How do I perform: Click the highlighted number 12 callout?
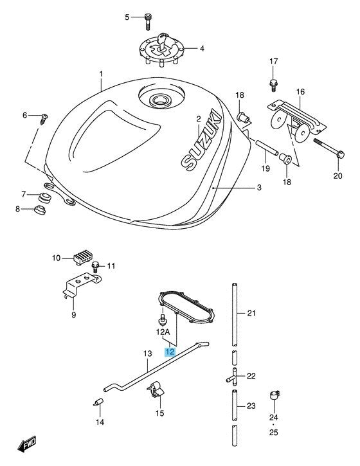click(x=170, y=352)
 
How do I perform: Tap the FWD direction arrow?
click(x=27, y=444)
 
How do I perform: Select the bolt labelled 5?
click(x=147, y=21)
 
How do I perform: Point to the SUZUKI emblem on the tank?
click(x=202, y=141)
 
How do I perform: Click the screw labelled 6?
click(x=44, y=119)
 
